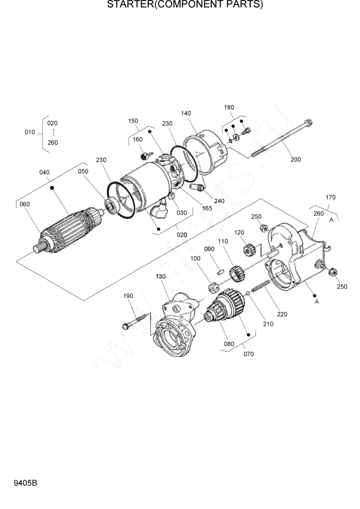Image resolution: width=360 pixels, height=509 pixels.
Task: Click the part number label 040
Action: coord(44,172)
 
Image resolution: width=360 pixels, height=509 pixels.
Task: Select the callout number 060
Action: coord(25,204)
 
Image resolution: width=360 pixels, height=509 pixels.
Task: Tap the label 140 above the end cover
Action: coord(186,113)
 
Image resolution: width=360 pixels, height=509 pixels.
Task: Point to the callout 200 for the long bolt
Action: coord(296,160)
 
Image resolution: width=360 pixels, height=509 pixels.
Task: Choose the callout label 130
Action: coord(161,276)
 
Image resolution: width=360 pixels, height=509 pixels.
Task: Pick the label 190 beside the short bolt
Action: coord(128,296)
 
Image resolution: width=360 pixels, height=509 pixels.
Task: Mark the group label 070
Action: coord(248,354)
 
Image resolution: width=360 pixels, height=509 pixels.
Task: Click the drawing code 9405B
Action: coord(20,484)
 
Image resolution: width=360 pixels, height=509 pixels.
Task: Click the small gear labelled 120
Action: coord(248,251)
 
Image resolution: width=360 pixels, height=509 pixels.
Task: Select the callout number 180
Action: coord(229,107)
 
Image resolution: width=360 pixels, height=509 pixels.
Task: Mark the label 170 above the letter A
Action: coord(330,197)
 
